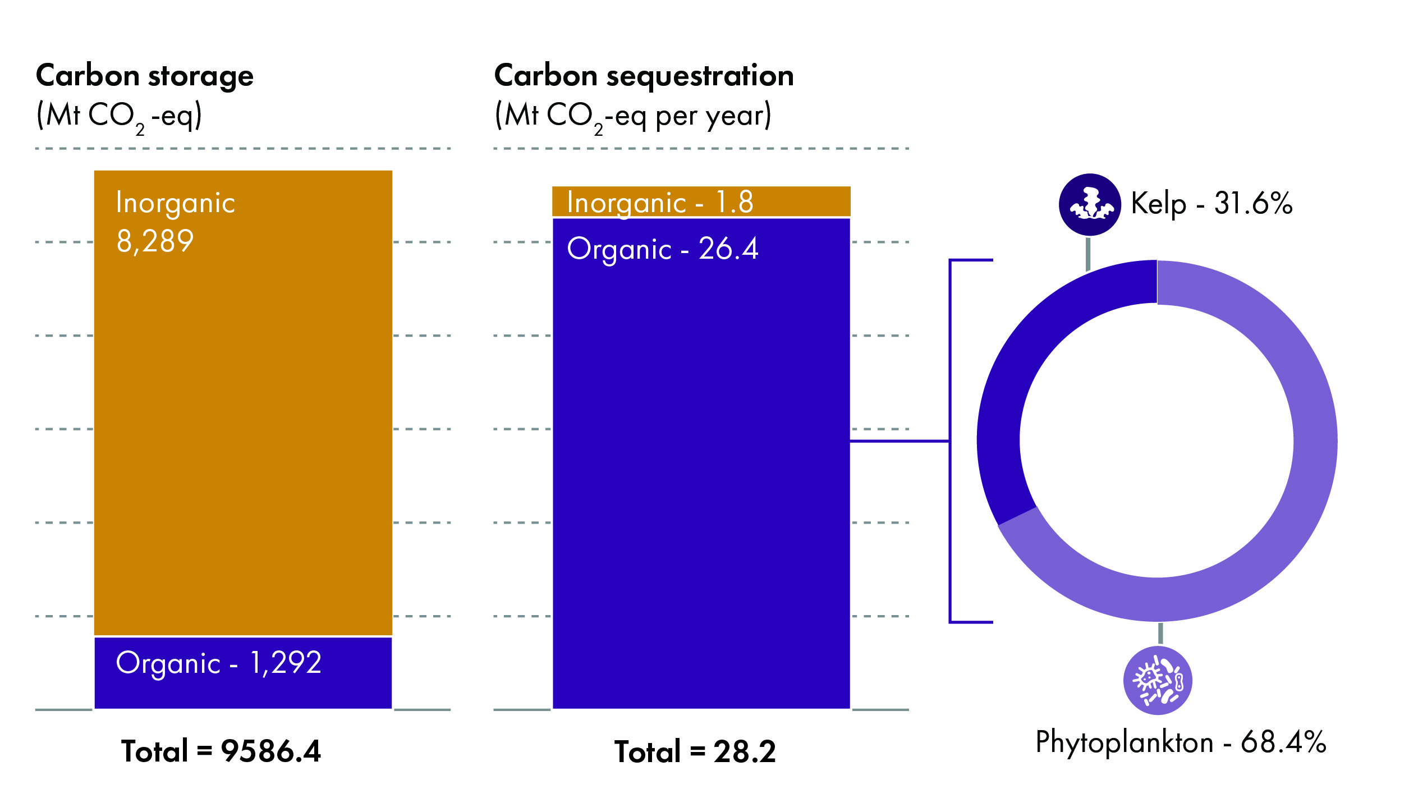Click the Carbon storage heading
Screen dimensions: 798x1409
click(145, 76)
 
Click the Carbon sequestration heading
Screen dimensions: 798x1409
click(644, 76)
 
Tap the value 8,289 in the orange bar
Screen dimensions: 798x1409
click(155, 242)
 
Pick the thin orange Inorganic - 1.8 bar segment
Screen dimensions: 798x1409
click(701, 201)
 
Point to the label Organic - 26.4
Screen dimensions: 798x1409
click(662, 249)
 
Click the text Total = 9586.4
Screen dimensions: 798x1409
click(221, 751)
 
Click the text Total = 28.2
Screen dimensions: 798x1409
click(695, 751)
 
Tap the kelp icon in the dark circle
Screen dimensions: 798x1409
click(1090, 205)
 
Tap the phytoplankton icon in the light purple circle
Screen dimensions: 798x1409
click(1158, 681)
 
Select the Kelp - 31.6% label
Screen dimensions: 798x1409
click(1211, 203)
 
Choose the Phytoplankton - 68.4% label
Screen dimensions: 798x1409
click(1181, 742)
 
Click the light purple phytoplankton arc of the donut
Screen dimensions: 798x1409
click(1313, 449)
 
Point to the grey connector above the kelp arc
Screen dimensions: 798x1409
click(1088, 254)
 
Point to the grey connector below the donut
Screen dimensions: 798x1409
click(1160, 633)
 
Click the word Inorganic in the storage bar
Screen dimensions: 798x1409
click(176, 203)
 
